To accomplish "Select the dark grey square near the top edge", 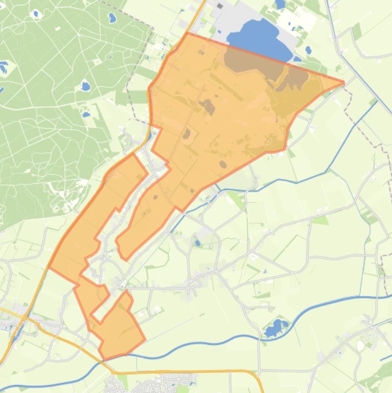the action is (x=220, y=6).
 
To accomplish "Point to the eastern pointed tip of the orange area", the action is (x=343, y=82).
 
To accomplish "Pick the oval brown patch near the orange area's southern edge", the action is (x=223, y=164).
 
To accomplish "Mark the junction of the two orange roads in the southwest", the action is (x=24, y=315).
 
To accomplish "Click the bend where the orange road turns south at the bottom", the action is (x=255, y=375).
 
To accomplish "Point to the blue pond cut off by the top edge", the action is (x=280, y=5).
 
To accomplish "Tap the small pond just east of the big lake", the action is (x=308, y=50).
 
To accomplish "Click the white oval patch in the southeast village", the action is (x=360, y=346).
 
